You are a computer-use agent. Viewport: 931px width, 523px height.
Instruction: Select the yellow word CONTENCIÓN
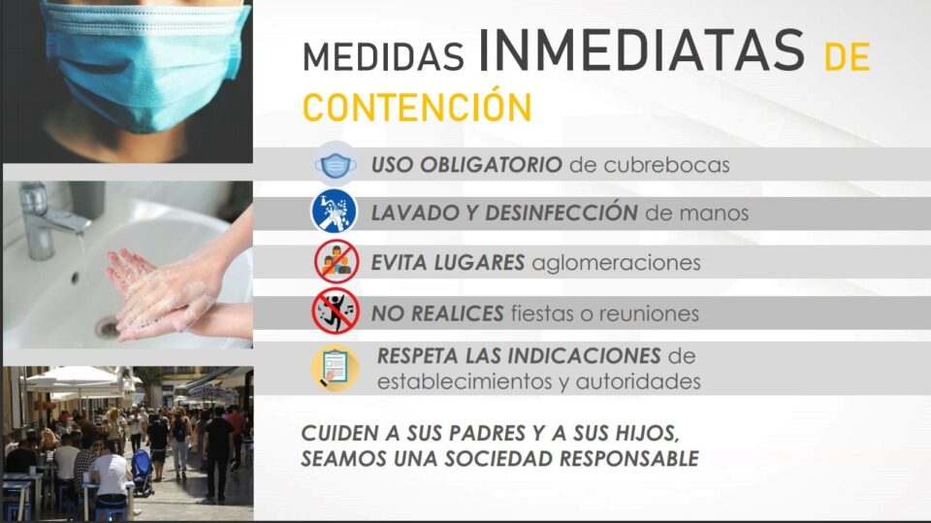417,107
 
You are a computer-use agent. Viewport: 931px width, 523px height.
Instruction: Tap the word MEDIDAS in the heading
383,56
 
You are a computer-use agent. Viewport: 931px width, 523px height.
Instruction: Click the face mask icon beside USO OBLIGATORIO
335,165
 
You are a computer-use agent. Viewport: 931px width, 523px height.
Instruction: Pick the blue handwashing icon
335,211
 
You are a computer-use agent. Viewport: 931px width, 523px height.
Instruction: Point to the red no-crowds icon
337,262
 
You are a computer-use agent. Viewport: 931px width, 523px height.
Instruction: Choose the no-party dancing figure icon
336,311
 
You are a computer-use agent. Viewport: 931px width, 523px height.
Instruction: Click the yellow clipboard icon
336,369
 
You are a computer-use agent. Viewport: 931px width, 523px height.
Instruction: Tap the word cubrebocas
666,165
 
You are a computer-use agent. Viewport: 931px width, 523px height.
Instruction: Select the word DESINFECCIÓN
562,212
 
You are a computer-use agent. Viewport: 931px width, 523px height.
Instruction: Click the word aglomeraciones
617,263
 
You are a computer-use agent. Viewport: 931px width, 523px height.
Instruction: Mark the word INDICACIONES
584,356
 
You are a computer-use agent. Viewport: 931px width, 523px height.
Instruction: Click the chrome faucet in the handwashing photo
48,220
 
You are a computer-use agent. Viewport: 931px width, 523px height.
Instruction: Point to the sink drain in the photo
107,327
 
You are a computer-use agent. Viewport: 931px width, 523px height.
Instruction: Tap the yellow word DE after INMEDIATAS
848,57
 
